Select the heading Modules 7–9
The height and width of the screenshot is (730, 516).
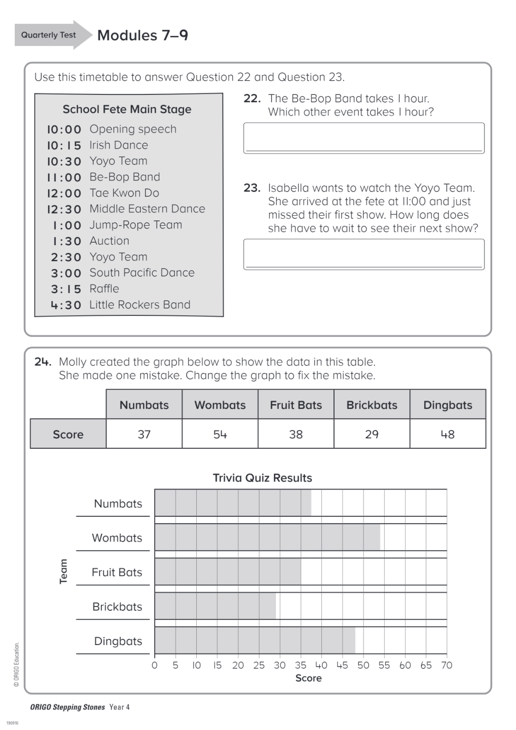[x=143, y=35]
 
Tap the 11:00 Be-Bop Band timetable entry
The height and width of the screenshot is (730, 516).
[x=103, y=177]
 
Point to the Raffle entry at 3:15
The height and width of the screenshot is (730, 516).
[x=85, y=289]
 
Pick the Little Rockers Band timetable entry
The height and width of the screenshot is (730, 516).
[x=121, y=305]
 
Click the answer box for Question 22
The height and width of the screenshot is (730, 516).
[x=364, y=138]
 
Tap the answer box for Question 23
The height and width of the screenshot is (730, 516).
[x=364, y=254]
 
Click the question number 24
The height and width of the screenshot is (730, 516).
[x=43, y=362]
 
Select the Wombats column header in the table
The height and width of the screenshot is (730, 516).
[x=220, y=405]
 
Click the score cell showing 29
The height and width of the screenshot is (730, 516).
[x=372, y=434]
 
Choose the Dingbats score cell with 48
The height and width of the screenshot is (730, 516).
[x=448, y=434]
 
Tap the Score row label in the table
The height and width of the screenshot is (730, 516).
[x=68, y=434]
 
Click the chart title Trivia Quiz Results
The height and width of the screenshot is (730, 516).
[x=262, y=478]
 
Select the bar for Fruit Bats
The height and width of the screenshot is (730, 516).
[x=228, y=572]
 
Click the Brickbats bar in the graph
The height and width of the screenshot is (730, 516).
[x=215, y=606]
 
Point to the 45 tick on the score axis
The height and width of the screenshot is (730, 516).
[x=342, y=665]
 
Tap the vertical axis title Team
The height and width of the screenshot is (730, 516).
[x=63, y=572]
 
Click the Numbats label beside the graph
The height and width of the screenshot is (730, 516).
[x=118, y=504]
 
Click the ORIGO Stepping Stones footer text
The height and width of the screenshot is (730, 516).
[x=68, y=707]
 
